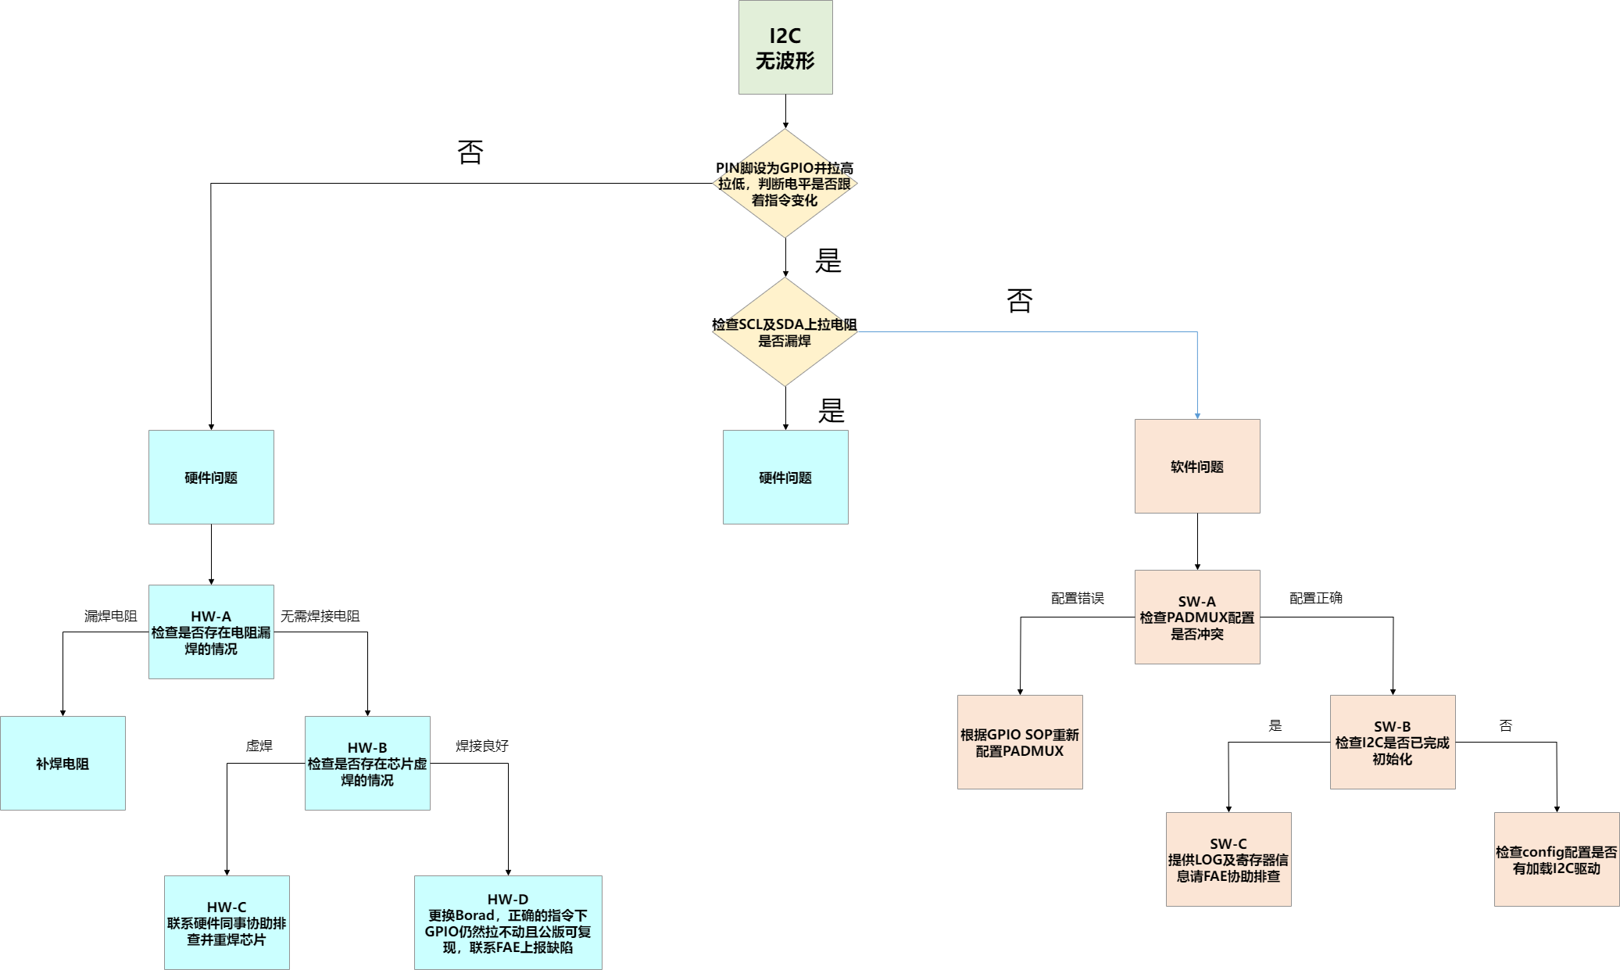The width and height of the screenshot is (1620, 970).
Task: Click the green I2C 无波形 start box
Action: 785,47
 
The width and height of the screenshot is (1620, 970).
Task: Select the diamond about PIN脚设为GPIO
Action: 785,184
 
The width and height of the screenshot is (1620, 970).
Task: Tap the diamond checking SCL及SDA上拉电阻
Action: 785,332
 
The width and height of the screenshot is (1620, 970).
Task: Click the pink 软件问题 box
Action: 1197,466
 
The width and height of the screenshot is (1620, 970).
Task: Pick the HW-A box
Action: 211,632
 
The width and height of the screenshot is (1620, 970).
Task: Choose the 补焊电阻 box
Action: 63,763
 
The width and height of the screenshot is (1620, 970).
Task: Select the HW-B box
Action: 367,763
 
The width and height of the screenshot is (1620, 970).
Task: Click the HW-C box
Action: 227,922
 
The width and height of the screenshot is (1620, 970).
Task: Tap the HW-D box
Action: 508,922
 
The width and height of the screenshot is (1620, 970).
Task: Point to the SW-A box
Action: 1197,617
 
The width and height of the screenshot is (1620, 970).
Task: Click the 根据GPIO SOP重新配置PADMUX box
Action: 1020,742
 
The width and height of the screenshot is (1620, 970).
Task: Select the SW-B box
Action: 1393,742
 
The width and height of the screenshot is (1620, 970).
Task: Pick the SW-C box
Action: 1228,859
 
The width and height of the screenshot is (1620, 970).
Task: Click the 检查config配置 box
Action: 1557,859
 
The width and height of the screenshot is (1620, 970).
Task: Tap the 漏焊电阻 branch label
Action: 111,616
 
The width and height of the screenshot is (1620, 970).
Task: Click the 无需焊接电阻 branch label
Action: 320,616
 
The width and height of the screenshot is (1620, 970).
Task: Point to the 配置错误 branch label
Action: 1078,598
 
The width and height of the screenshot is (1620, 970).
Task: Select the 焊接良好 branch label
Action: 482,746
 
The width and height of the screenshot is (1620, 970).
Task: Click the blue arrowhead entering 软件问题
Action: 1197,416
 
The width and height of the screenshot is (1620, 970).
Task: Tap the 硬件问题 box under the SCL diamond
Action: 785,477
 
